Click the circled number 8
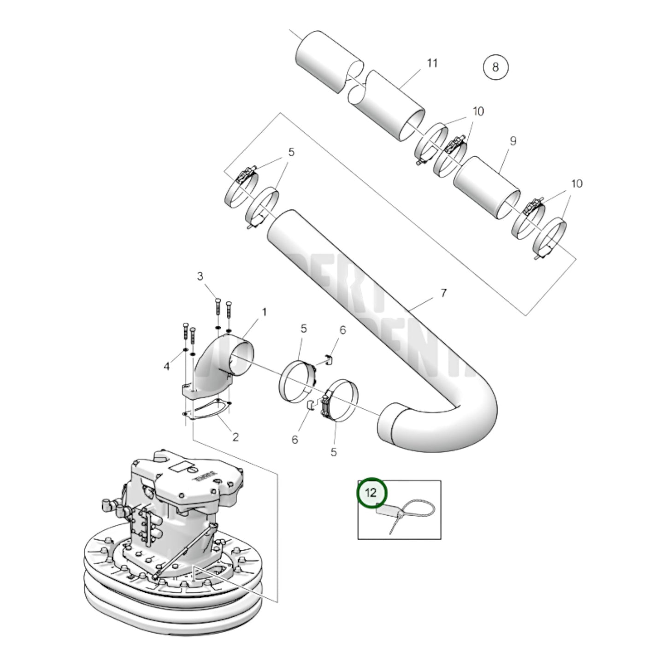495,67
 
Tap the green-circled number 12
371,493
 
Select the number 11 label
431,63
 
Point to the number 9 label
513,141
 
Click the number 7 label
443,293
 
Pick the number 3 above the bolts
200,277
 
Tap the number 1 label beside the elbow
265,312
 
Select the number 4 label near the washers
167,366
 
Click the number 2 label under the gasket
235,437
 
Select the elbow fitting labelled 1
221,364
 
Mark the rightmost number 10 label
577,184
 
